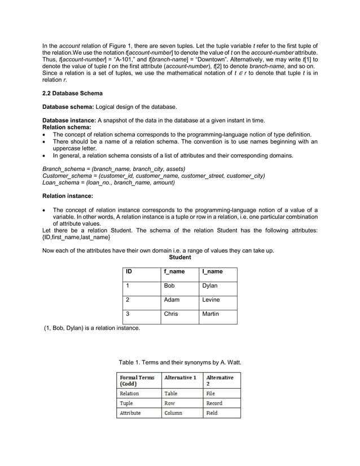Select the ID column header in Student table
(129, 272)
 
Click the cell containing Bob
(169, 286)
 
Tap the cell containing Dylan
(209, 286)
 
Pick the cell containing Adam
(172, 300)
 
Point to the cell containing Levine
(211, 300)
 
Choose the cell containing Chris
(171, 314)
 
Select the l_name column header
(212, 272)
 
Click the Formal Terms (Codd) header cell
(137, 380)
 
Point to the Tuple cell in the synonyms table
(126, 403)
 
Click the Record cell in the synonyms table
(214, 403)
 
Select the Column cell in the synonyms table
(173, 414)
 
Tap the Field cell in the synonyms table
(212, 414)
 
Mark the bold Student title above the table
(180, 257)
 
